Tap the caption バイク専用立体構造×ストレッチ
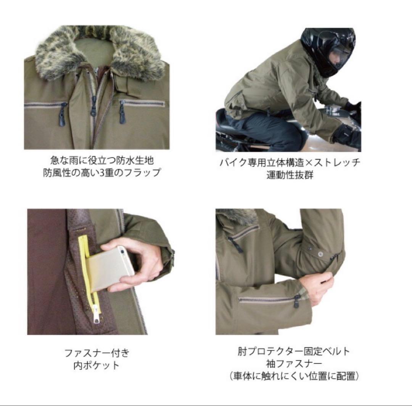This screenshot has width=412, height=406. pyautogui.click(x=290, y=162)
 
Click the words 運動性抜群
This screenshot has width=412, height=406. pyautogui.click(x=290, y=176)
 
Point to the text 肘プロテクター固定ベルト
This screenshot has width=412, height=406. pyautogui.click(x=293, y=351)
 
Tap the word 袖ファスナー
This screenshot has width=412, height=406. pyautogui.click(x=293, y=363)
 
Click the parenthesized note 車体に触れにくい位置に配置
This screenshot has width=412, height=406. pyautogui.click(x=293, y=376)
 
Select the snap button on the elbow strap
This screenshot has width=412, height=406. pyautogui.click(x=320, y=252)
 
